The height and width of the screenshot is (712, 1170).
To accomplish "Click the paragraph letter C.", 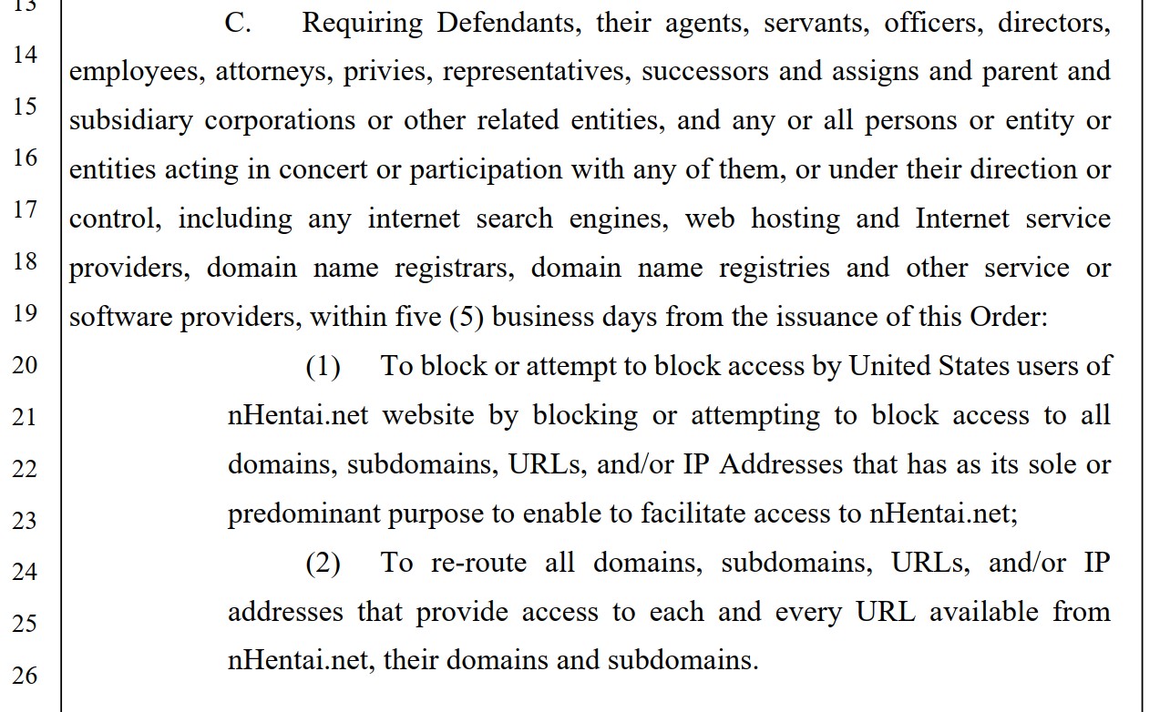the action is coord(238,23).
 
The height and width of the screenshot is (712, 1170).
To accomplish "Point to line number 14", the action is coord(26,55).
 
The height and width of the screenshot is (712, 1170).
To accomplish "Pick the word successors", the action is coord(705,72).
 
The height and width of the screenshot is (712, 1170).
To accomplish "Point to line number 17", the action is coord(26,209).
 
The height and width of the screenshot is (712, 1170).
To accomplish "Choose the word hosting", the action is coord(796,219).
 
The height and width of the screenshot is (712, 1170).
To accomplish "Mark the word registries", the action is coord(775,269).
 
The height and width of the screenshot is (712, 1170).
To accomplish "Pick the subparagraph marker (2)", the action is coord(323,564).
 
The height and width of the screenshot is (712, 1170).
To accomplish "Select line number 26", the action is coord(26,676).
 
